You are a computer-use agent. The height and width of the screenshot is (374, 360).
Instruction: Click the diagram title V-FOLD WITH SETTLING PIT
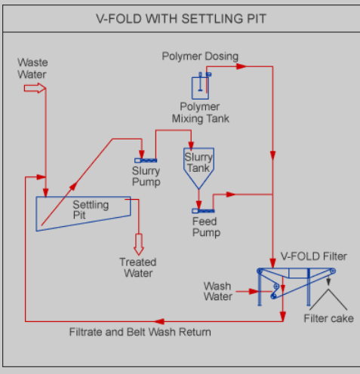click(181, 19)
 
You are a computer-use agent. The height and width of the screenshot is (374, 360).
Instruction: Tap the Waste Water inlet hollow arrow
click(35, 88)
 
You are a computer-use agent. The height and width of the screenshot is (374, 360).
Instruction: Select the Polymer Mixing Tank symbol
click(201, 86)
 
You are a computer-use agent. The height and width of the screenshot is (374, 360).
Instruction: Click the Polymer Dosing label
click(200, 56)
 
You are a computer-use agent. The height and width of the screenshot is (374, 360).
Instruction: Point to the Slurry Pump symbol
click(146, 161)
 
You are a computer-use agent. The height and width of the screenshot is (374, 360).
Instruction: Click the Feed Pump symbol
click(203, 211)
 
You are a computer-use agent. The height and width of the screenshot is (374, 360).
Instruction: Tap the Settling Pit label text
click(91, 210)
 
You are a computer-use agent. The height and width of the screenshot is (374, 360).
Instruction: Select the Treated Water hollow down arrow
click(139, 244)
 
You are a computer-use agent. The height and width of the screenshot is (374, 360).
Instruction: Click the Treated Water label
click(138, 268)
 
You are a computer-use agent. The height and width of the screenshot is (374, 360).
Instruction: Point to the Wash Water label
click(218, 291)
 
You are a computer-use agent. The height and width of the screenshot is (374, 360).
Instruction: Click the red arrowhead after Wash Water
click(254, 292)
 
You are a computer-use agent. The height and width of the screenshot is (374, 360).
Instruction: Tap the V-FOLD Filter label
click(314, 256)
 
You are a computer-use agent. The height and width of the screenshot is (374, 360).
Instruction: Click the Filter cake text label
click(329, 318)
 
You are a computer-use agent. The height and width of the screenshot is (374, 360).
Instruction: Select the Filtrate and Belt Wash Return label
click(140, 332)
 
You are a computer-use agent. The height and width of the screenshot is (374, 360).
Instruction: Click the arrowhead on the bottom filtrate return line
click(159, 321)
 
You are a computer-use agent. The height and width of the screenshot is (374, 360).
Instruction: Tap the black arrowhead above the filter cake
click(328, 282)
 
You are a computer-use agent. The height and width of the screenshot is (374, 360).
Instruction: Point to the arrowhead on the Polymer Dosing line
click(242, 66)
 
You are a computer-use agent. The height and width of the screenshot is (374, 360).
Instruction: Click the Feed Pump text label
click(206, 227)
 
